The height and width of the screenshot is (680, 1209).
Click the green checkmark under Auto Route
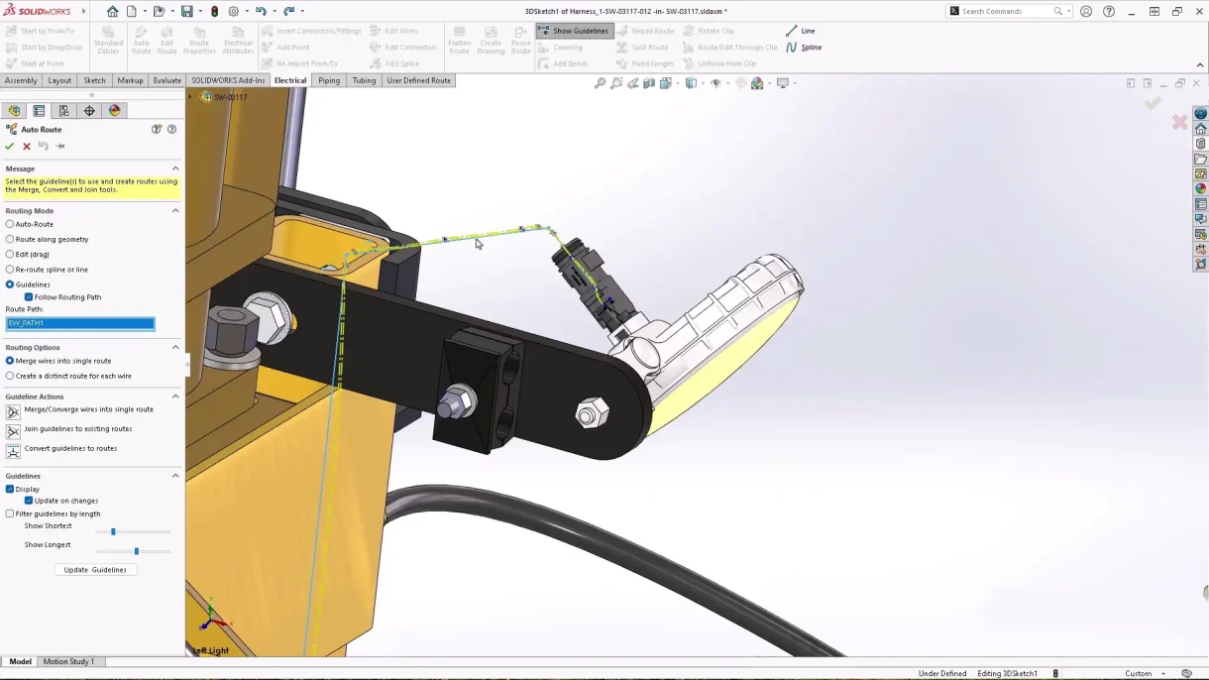(10, 146)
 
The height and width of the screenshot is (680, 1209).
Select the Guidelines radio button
(10, 284)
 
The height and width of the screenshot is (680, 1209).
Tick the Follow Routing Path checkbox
(29, 296)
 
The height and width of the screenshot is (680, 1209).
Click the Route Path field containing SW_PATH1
(80, 323)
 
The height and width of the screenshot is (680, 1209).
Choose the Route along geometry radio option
(10, 239)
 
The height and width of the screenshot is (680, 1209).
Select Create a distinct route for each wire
(10, 376)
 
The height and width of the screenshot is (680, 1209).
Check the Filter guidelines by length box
(10, 513)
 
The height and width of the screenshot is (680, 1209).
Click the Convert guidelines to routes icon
(13, 451)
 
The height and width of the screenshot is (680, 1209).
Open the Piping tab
(328, 80)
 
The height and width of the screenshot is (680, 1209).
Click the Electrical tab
(290, 80)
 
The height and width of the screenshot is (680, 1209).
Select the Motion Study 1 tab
(68, 661)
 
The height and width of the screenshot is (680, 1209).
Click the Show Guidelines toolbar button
(575, 31)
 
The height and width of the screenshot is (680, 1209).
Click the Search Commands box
(1006, 11)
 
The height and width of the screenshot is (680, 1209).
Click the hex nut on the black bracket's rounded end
(591, 413)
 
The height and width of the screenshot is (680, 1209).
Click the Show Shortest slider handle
(113, 532)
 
